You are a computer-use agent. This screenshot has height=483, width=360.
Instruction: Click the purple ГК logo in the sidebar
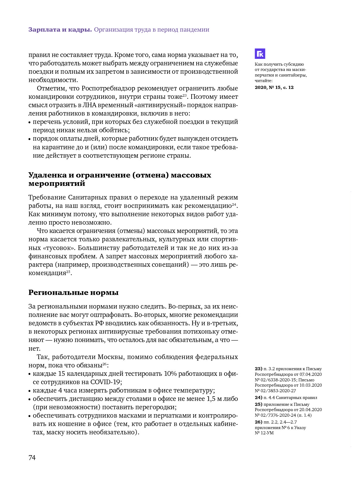[260, 54]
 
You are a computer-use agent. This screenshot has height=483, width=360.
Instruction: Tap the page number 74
[32, 458]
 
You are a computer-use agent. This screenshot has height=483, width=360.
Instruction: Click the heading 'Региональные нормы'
[73, 292]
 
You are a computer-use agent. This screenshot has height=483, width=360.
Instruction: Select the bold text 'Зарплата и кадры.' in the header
[60, 30]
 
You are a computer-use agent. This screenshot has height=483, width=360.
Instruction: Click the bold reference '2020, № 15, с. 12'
[274, 87]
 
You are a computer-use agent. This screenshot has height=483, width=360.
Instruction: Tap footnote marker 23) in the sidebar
[258, 369]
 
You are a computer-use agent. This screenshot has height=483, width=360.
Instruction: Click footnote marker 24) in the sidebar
[258, 397]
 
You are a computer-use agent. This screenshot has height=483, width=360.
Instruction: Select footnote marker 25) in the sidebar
[258, 404]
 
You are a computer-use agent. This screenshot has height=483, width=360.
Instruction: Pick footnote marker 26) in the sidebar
[258, 422]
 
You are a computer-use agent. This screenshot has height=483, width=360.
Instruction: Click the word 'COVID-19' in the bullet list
[105, 382]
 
